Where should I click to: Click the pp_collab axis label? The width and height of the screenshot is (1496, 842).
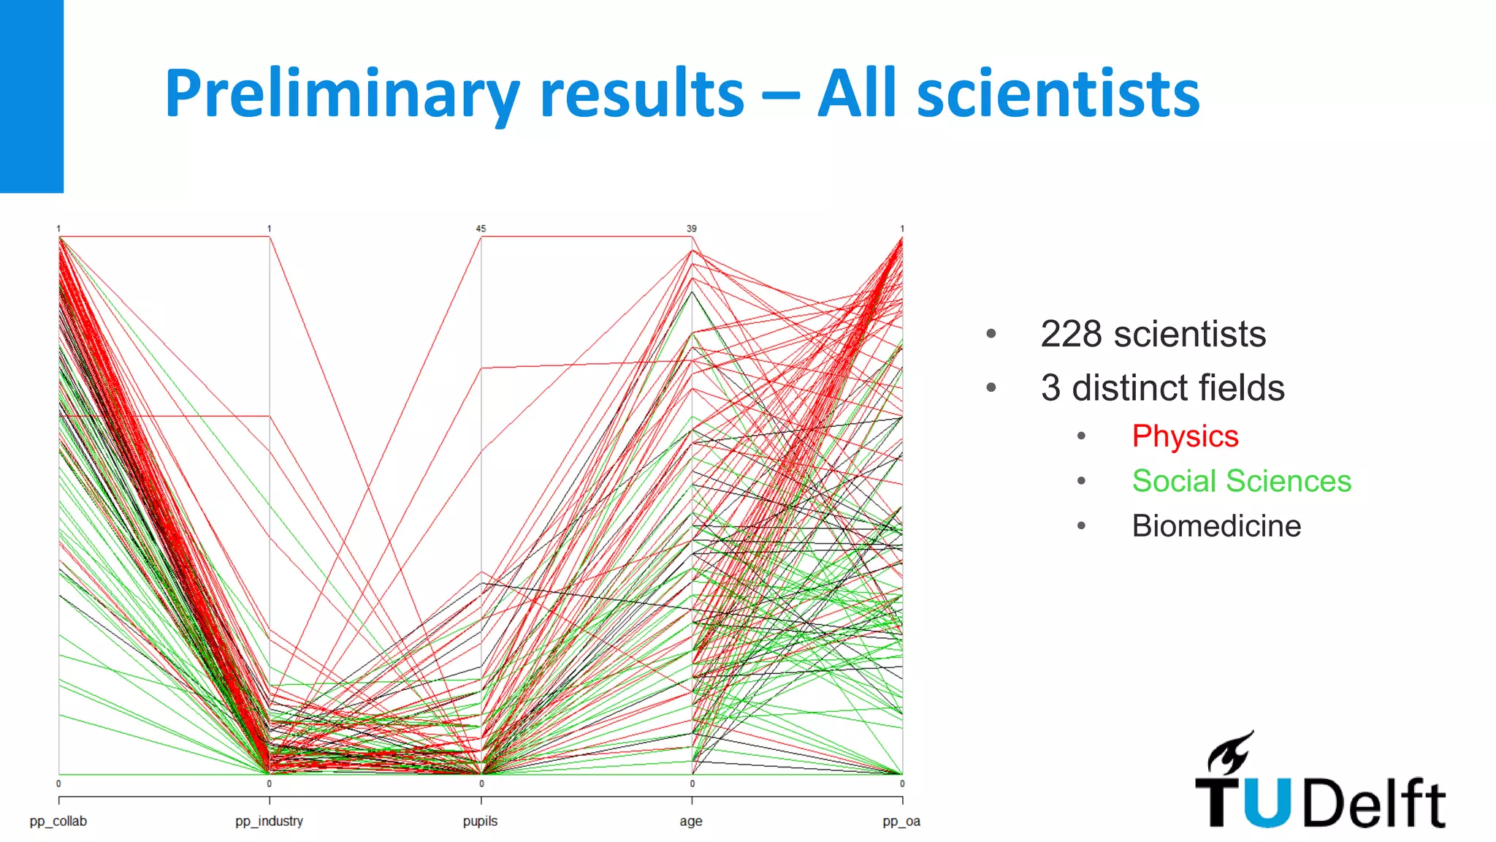(x=58, y=821)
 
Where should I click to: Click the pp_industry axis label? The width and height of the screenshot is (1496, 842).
(x=269, y=821)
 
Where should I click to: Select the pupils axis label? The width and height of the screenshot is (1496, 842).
(x=480, y=821)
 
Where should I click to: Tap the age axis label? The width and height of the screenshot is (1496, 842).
(x=690, y=821)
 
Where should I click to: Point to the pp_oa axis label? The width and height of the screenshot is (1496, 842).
(x=901, y=821)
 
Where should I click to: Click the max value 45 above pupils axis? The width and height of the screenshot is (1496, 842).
(x=481, y=229)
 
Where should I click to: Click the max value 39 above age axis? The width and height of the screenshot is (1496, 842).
(x=691, y=229)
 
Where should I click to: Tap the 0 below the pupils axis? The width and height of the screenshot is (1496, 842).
(x=481, y=784)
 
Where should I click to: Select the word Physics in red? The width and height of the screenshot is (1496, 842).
(x=1185, y=436)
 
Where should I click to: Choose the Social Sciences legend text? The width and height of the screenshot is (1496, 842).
(x=1241, y=481)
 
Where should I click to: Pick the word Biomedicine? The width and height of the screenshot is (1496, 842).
(x=1216, y=526)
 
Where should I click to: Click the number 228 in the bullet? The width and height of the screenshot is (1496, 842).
(x=1071, y=334)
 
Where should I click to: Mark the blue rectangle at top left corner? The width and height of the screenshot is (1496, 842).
(x=31, y=95)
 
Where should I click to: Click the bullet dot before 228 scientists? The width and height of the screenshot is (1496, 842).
(x=991, y=334)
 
